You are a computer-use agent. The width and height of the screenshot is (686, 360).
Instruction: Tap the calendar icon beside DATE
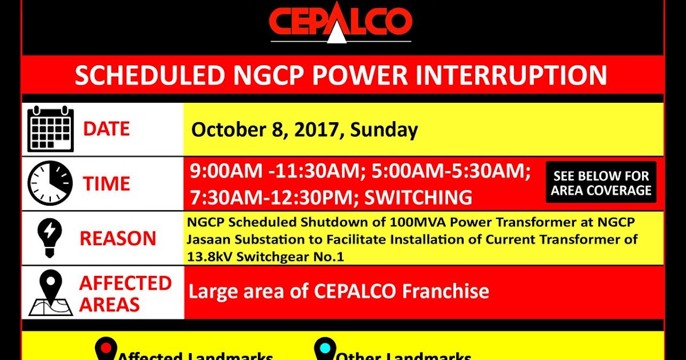tap(50, 129)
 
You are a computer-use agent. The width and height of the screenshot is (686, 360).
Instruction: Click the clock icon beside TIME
tap(50, 183)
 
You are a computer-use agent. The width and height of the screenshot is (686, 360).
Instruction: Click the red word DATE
tap(106, 129)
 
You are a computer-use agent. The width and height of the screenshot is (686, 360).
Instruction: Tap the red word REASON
tap(118, 238)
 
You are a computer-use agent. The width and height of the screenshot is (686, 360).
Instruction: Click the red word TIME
tap(106, 184)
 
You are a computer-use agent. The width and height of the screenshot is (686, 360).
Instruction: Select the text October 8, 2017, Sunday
tap(304, 130)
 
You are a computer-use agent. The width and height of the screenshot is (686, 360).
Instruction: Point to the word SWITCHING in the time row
tap(418, 198)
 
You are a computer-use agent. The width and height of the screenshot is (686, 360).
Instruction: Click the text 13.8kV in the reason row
tap(209, 257)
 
